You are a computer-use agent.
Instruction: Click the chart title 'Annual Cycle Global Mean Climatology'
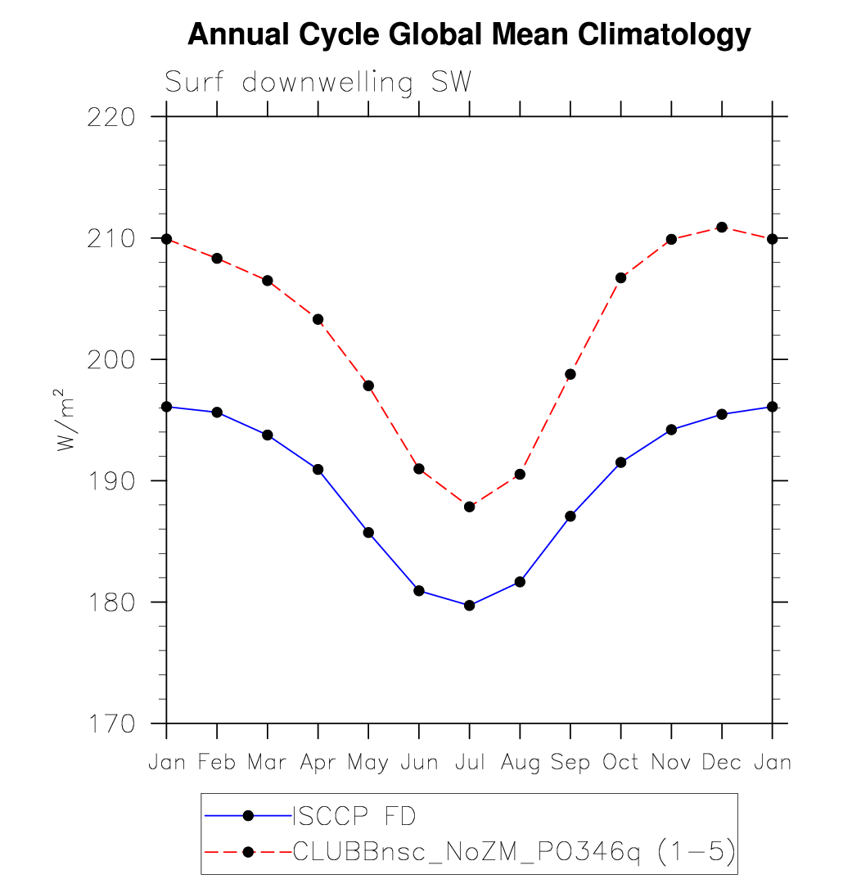[469, 34]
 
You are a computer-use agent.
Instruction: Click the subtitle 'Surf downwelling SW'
[318, 83]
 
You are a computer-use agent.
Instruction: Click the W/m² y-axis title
[67, 419]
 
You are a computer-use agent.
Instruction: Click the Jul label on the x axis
[469, 763]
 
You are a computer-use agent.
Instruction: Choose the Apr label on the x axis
[318, 763]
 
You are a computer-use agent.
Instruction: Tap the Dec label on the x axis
[721, 763]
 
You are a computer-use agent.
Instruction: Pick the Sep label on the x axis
[570, 763]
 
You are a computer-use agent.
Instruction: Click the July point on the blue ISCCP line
[469, 606]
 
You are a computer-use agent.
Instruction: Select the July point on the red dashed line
[469, 507]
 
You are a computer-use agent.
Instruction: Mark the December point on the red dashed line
[721, 227]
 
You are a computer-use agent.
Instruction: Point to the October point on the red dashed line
[620, 277]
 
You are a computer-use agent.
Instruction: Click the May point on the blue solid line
[368, 533]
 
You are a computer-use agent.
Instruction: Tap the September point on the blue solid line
[570, 516]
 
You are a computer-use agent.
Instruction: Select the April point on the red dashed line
[318, 319]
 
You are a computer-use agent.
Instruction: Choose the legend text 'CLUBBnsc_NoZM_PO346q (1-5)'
[513, 852]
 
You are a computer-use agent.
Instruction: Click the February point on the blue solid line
[217, 412]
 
